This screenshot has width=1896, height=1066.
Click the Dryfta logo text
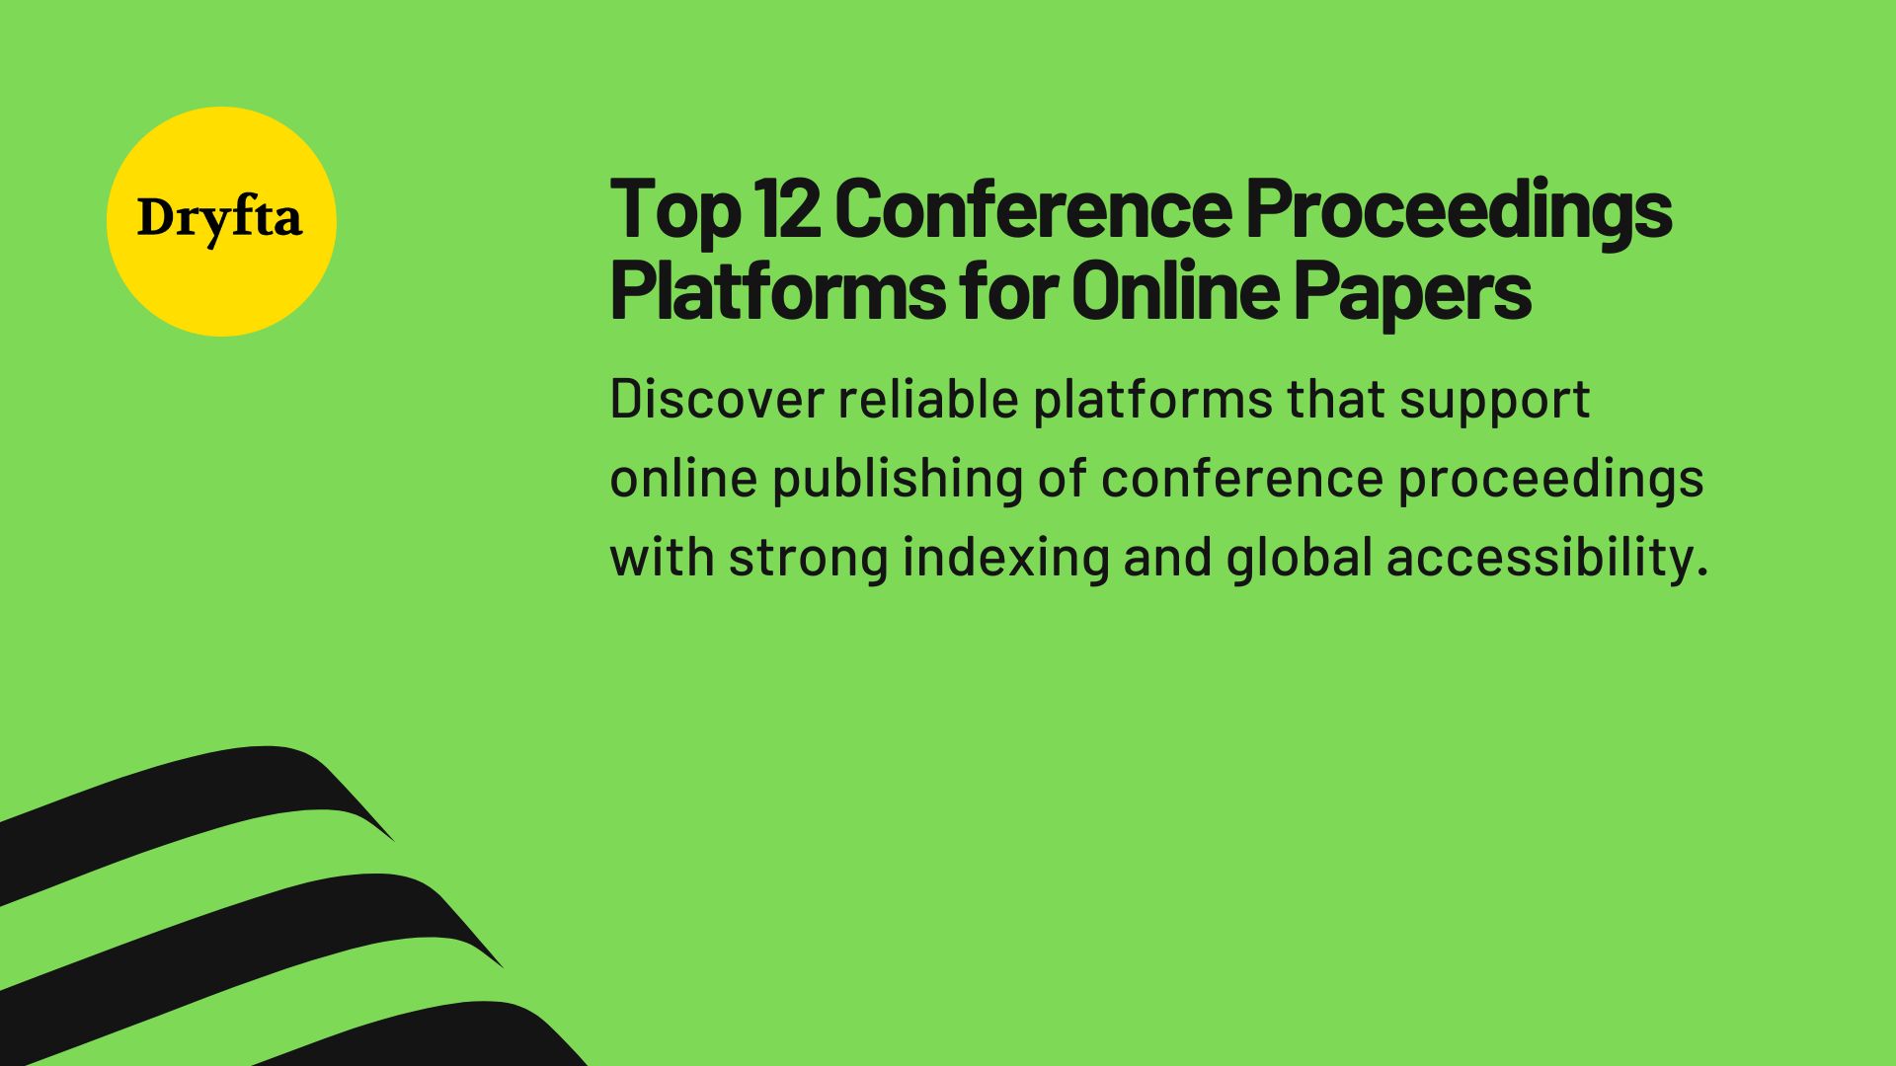pos(219,219)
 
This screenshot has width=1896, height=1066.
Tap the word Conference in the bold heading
pos(1033,209)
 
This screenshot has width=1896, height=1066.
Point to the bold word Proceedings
pos(1458,209)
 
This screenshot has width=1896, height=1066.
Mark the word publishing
pos(898,480)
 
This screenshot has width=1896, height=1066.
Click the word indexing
pos(1006,558)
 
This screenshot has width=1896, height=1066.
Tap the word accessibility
pos(1546,558)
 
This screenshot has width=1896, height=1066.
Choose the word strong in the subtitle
pos(809,559)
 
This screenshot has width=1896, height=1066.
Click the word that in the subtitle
pos(1335,399)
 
